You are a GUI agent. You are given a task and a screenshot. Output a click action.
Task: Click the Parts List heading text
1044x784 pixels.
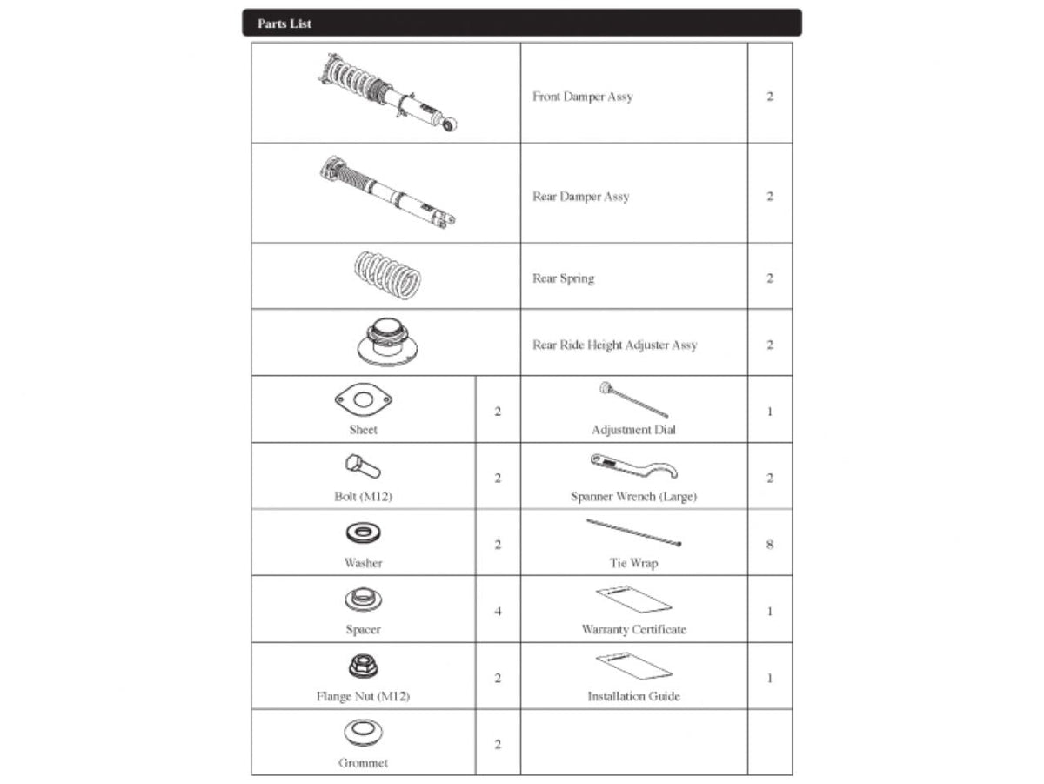click(284, 23)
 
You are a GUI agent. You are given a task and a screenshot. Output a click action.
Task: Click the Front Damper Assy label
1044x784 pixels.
click(582, 97)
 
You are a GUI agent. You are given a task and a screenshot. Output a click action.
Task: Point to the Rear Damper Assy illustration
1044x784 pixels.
click(387, 192)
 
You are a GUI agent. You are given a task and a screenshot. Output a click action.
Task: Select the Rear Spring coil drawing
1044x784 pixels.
click(387, 275)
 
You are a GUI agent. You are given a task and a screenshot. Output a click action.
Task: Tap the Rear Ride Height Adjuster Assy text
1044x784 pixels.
click(614, 345)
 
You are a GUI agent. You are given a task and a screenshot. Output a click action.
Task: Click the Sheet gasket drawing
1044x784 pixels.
click(363, 400)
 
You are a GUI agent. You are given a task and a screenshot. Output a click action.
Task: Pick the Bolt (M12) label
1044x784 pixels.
click(363, 496)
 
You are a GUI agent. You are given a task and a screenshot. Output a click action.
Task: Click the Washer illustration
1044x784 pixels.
click(363, 533)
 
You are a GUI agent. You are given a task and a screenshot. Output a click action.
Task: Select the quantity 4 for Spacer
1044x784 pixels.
click(498, 611)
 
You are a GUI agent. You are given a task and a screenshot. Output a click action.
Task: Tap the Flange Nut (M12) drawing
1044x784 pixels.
click(362, 667)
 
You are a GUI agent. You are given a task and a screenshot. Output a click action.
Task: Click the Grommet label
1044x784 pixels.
click(363, 763)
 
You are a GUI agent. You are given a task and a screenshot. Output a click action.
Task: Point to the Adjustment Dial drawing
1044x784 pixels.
click(632, 399)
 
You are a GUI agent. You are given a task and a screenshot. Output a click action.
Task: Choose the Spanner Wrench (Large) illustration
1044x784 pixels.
click(632, 466)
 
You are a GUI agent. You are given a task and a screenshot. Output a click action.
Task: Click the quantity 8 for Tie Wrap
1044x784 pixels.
click(769, 545)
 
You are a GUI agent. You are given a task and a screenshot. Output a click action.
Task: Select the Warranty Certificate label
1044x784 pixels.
click(633, 629)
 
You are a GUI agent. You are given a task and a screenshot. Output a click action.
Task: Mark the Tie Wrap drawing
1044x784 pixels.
click(633, 533)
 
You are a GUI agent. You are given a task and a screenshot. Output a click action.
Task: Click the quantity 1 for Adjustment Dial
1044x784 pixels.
click(769, 411)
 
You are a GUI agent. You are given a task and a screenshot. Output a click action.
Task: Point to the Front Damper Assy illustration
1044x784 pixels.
click(387, 92)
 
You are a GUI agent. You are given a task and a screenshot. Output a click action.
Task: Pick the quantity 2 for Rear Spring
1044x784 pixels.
click(769, 278)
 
